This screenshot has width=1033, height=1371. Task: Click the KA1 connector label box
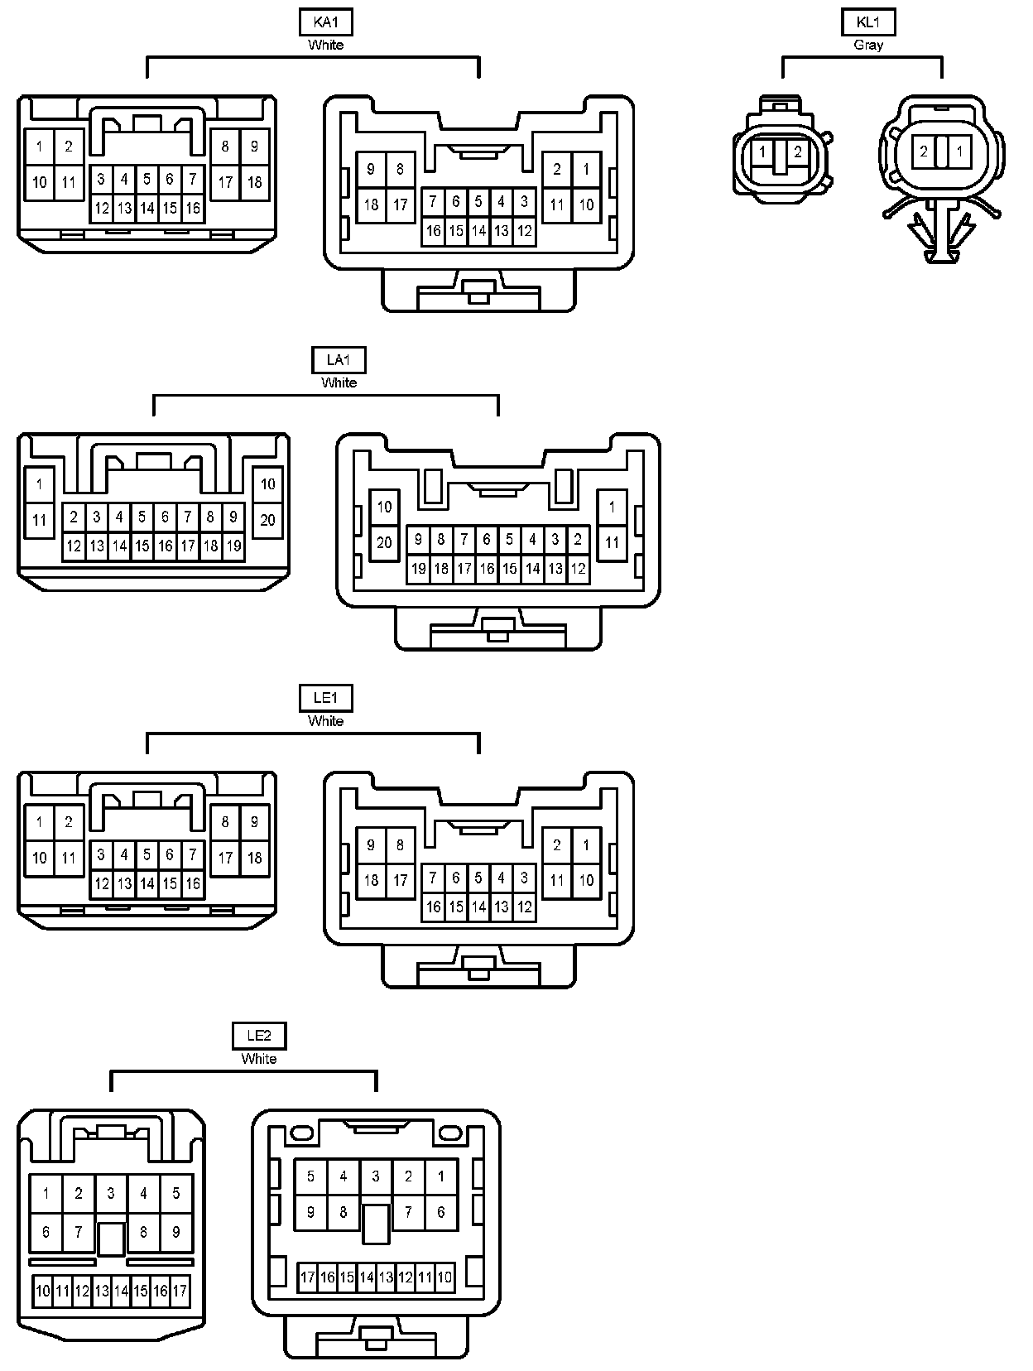pyautogui.click(x=326, y=22)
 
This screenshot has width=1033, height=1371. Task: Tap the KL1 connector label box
pyautogui.click(x=868, y=22)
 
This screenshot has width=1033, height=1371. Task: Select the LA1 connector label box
pyautogui.click(x=339, y=360)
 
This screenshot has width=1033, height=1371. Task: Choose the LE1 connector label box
pyautogui.click(x=326, y=699)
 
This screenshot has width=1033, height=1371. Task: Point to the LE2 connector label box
pyautogui.click(x=258, y=1036)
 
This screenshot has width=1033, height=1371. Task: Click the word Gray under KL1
pyautogui.click(x=868, y=45)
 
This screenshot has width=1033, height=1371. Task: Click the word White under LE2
pyautogui.click(x=258, y=1059)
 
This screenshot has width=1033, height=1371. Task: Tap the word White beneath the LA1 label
pyautogui.click(x=339, y=382)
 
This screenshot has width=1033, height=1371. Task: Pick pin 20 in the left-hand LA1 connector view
pyautogui.click(x=267, y=520)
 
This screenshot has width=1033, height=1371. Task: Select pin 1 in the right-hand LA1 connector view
pyautogui.click(x=612, y=507)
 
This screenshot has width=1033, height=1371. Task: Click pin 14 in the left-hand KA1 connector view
pyautogui.click(x=147, y=209)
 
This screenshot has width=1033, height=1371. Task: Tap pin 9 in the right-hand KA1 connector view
pyautogui.click(x=371, y=170)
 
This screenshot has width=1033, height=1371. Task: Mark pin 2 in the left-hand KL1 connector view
pyautogui.click(x=797, y=152)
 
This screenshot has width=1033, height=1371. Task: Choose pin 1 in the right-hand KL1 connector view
pyautogui.click(x=959, y=152)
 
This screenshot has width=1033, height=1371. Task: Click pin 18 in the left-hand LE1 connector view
pyautogui.click(x=254, y=858)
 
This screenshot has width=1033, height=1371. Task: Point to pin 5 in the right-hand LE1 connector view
pyautogui.click(x=478, y=878)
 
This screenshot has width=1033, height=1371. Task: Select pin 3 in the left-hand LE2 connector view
pyautogui.click(x=111, y=1193)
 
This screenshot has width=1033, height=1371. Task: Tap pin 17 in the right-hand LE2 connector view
pyautogui.click(x=307, y=1277)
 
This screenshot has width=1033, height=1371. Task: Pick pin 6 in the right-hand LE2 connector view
pyautogui.click(x=440, y=1212)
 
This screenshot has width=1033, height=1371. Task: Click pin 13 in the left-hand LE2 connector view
pyautogui.click(x=102, y=1291)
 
